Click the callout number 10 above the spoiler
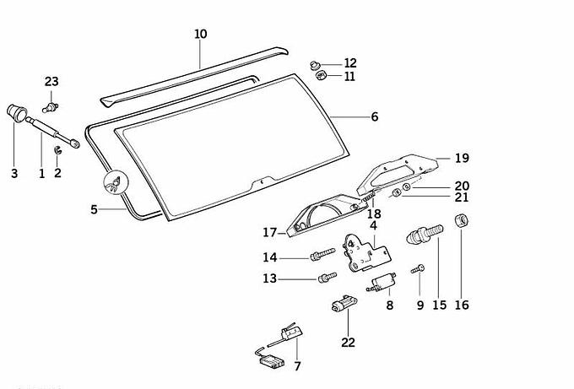(200, 35)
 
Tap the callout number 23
(51, 81)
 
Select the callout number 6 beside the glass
(374, 117)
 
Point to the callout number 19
(461, 158)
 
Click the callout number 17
(269, 232)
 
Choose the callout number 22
(349, 342)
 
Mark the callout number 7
(297, 366)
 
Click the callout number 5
(95, 208)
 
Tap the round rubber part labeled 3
(15, 112)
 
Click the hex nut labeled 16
(463, 223)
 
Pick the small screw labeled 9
(418, 269)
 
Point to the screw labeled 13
(323, 278)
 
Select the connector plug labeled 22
(344, 305)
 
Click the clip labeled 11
(322, 76)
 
